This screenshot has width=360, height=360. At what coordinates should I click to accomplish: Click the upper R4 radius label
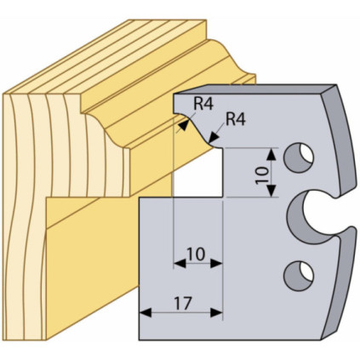203,105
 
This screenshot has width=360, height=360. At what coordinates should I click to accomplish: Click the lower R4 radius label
236,119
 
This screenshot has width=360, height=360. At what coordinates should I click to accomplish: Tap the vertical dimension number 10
262,175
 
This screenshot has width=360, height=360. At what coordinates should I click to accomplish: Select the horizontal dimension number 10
196,254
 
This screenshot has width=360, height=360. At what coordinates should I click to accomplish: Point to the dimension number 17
183,304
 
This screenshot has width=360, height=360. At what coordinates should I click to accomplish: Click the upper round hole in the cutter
299,157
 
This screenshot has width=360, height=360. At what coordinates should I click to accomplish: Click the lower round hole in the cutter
299,276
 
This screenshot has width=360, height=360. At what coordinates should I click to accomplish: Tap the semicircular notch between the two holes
309,217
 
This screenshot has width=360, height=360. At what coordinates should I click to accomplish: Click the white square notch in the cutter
197,172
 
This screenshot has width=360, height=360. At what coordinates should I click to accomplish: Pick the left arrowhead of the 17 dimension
145,313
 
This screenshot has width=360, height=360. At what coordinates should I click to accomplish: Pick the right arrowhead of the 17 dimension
216,313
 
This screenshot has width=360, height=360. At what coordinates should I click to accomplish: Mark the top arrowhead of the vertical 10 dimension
271,154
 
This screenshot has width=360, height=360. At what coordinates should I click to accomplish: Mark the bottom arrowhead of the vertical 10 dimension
271,191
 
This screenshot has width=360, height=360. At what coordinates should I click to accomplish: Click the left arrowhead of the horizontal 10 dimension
180,264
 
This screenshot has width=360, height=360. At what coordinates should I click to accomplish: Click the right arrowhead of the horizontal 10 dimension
216,264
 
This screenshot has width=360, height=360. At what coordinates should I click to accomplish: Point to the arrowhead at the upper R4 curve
184,124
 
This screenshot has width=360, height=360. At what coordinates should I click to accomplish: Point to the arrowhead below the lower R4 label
213,137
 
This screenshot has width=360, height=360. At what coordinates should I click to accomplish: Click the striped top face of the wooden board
108,57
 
